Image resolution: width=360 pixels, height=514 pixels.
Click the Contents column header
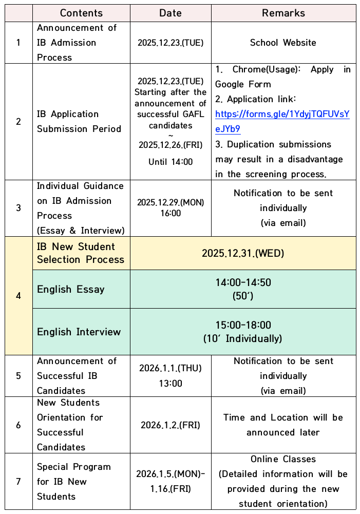(x=81, y=13)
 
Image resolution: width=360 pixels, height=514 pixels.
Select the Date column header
(x=170, y=13)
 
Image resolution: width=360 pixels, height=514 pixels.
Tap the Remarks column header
(x=283, y=13)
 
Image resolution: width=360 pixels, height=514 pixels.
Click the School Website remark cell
(x=283, y=43)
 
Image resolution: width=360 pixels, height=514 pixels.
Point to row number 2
(x=18, y=122)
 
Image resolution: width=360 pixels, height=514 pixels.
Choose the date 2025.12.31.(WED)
(x=243, y=253)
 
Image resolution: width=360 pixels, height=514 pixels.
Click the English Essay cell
(x=71, y=289)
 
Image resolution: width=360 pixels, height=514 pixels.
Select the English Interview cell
(x=79, y=332)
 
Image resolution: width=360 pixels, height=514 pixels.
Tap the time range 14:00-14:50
(x=243, y=282)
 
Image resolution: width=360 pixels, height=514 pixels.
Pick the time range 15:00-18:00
(x=243, y=325)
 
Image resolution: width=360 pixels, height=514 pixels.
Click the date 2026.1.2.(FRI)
(x=170, y=425)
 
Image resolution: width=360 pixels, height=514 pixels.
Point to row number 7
(x=18, y=481)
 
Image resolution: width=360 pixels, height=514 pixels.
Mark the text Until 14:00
(x=170, y=162)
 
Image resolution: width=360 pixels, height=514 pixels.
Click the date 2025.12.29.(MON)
(x=170, y=202)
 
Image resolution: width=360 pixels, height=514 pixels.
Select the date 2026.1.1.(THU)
(x=170, y=368)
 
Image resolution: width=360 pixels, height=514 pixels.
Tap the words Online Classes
(x=283, y=459)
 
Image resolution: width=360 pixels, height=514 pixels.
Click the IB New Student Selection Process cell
(x=81, y=253)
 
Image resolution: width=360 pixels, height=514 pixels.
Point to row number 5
(x=18, y=375)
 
